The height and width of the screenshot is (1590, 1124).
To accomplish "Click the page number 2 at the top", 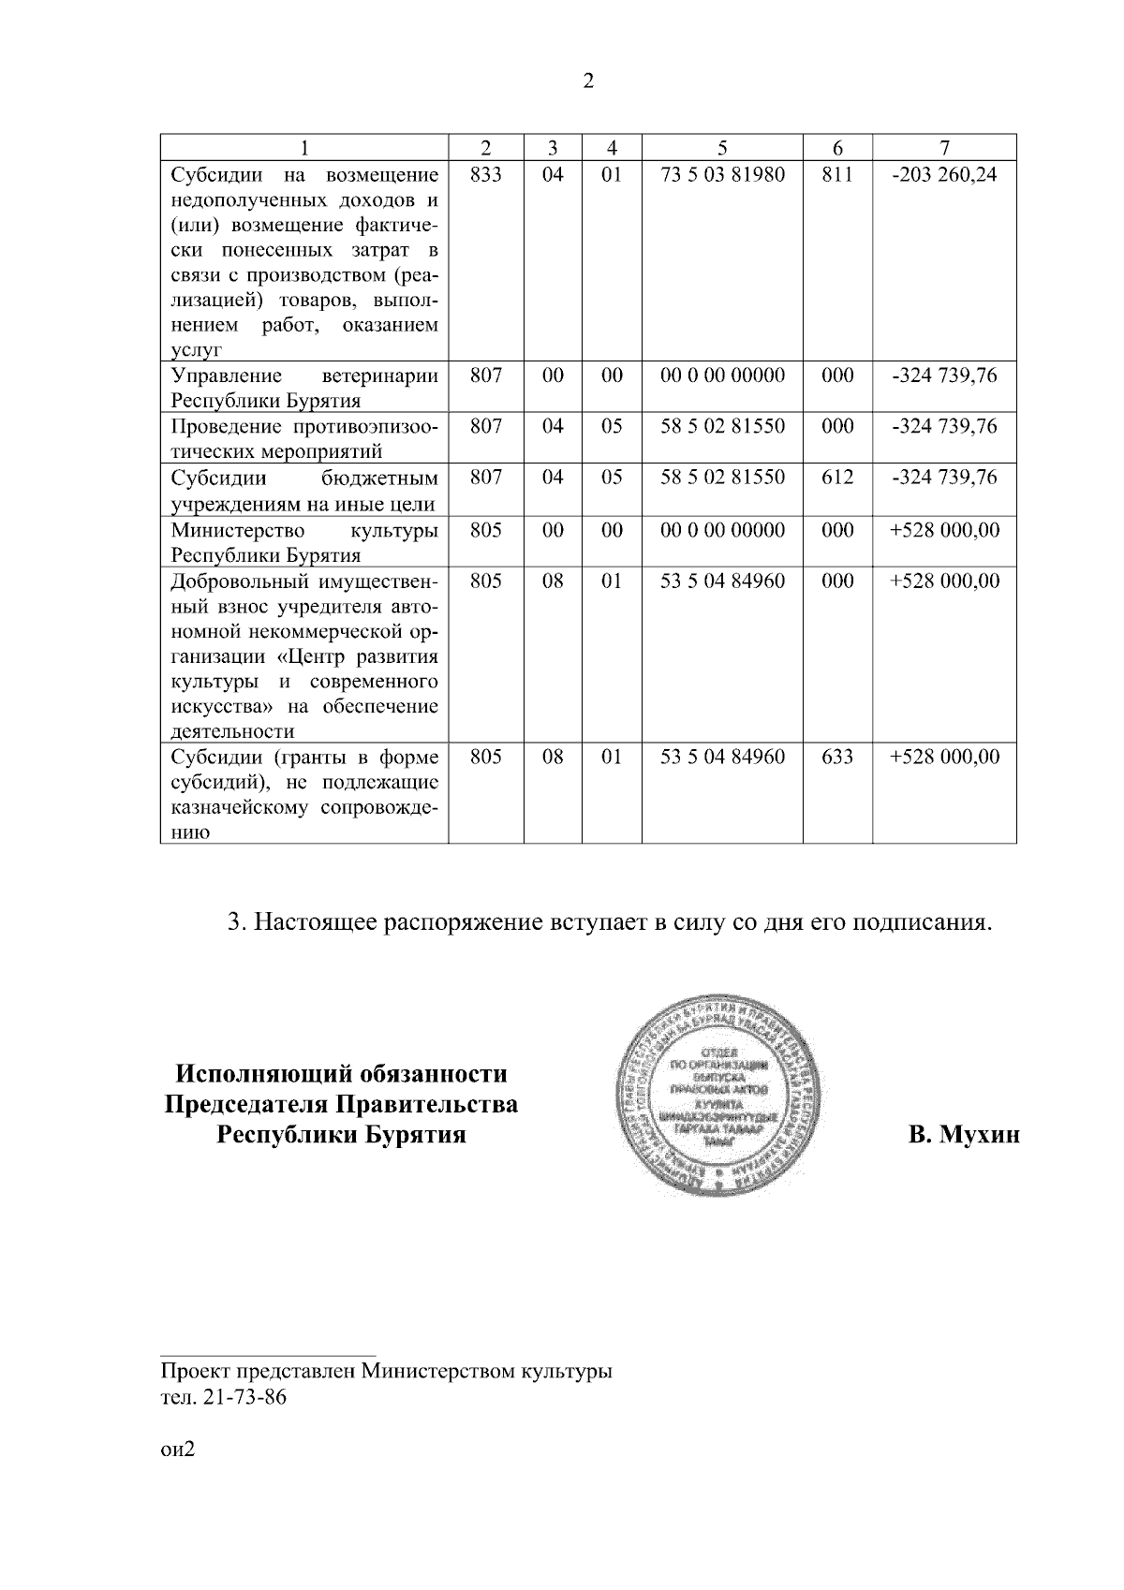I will [587, 81].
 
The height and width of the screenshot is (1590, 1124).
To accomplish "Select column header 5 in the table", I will [721, 148].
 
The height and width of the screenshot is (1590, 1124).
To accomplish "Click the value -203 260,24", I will [944, 175].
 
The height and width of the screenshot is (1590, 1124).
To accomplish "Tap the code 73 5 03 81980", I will [722, 175].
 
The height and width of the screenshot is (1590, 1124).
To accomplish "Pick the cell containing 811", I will [836, 175].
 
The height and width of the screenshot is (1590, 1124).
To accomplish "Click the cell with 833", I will [485, 175].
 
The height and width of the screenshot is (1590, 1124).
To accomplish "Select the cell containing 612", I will [836, 478].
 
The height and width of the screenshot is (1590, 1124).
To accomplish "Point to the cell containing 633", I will [836, 757].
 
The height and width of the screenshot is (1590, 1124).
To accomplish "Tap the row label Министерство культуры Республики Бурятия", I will [303, 542].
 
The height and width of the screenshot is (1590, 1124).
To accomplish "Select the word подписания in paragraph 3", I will [917, 922].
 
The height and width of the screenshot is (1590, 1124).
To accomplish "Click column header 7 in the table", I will [944, 148].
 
